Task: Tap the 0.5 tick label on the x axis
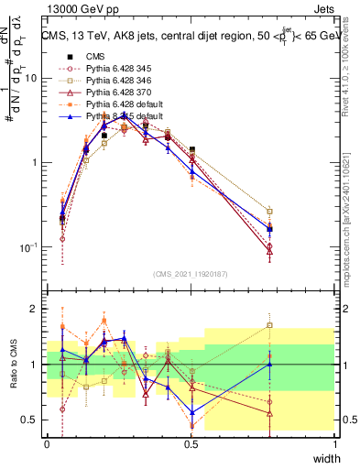[x=191, y=443]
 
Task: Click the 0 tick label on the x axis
[x=47, y=443]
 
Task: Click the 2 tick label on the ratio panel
[x=37, y=309]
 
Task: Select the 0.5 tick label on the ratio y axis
[x=32, y=420]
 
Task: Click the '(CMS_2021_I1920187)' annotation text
[x=191, y=272]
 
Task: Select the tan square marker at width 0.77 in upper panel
[x=269, y=212]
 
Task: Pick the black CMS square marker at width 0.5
[x=191, y=149]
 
